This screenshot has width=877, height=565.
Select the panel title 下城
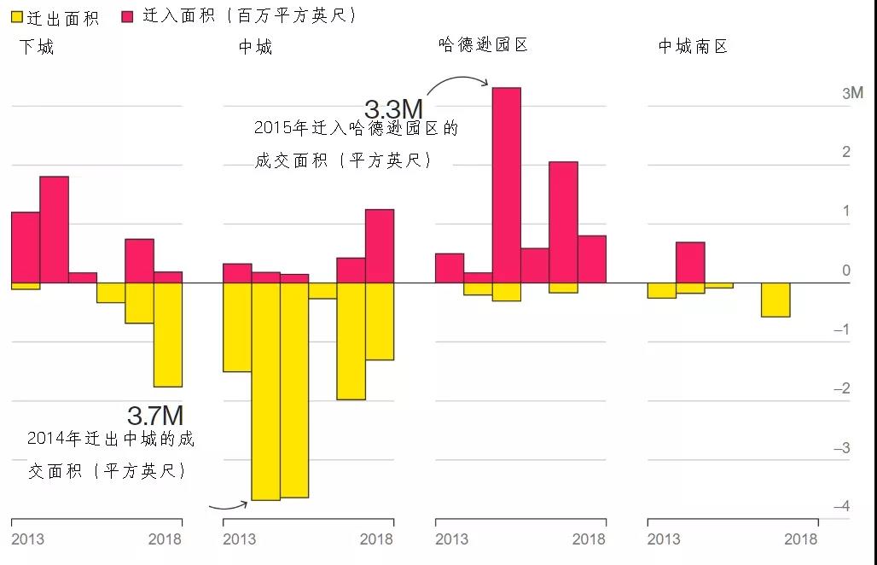pos(37,47)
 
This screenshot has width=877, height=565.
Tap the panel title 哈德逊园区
pos(483,44)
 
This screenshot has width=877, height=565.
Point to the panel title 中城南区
pos(693,47)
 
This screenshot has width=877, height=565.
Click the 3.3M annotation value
pos(393,109)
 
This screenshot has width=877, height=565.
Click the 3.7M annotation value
pos(155,416)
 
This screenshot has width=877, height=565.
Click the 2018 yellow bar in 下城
pos(168,335)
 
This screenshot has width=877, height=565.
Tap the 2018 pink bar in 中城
pos(380,246)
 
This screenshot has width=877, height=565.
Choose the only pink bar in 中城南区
pos(690,262)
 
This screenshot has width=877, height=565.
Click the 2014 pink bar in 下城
pos(54,229)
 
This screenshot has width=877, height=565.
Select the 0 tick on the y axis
pos(846,271)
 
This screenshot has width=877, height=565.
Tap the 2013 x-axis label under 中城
pos(239,539)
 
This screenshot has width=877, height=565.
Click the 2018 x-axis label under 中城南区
pos(800,539)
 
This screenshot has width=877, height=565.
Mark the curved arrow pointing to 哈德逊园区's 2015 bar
pos(457,81)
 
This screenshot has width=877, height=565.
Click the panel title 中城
pos(255,47)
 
